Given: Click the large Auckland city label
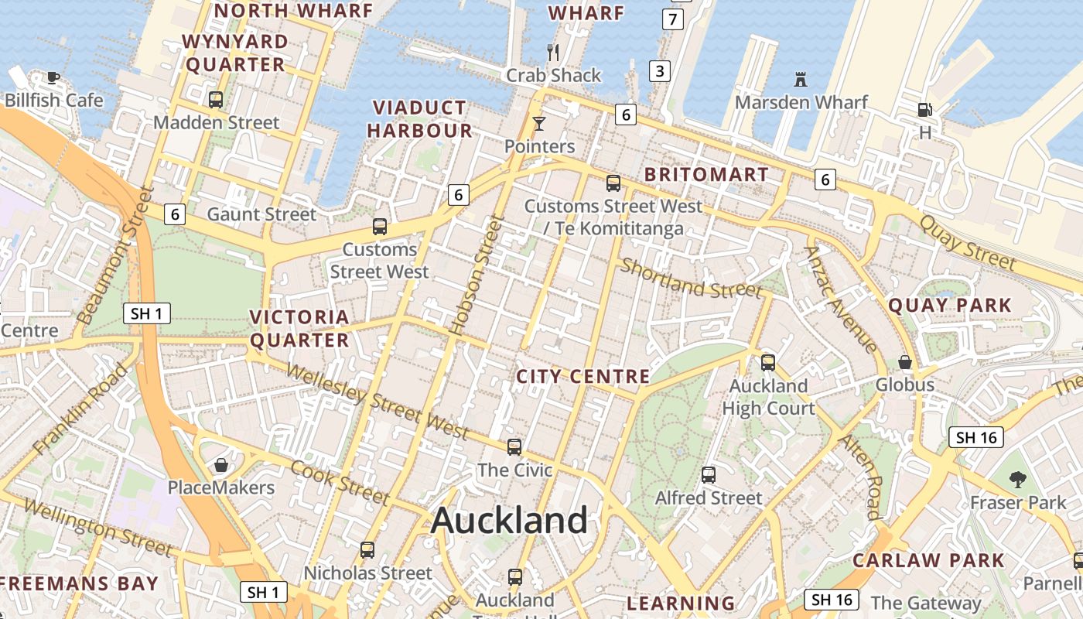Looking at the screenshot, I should (x=509, y=520).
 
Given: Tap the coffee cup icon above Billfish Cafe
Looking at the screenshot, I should (x=53, y=77).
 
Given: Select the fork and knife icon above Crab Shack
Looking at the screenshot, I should (x=553, y=53).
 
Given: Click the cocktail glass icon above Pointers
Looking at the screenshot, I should (x=539, y=123).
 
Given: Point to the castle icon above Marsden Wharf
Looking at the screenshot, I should (x=801, y=79).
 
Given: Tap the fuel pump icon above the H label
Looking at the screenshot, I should (x=924, y=110).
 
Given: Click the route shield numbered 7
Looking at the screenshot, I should (x=673, y=19).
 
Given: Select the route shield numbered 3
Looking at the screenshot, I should (x=659, y=72).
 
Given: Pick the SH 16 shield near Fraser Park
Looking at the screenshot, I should (x=976, y=437).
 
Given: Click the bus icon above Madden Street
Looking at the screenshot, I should (x=216, y=99).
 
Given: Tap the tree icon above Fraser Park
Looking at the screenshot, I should (x=1018, y=480).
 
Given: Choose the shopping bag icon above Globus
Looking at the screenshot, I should (x=904, y=362).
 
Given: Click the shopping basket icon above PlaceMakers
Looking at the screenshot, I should (x=221, y=465).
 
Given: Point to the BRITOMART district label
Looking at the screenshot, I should (x=706, y=175).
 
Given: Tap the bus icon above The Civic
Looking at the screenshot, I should (x=514, y=446).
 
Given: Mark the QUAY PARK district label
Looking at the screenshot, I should (x=950, y=306).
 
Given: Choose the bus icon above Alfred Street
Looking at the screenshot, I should (x=709, y=474).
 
